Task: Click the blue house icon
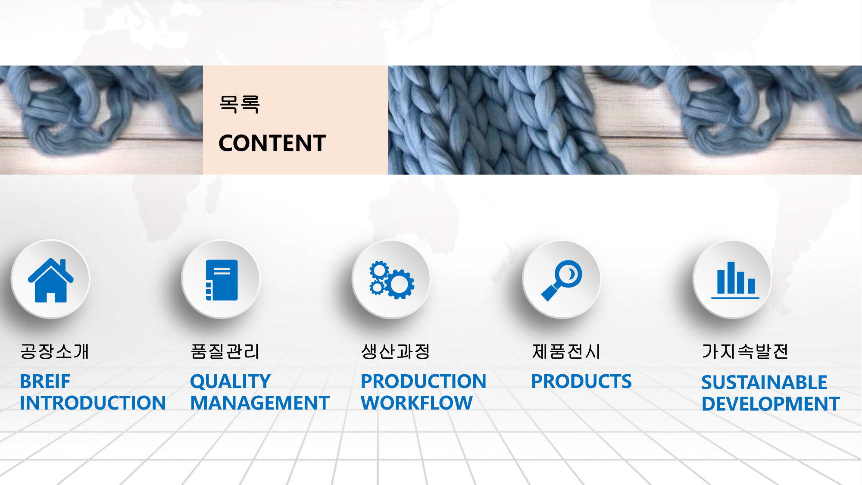click(x=51, y=280)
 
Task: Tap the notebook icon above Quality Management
click(x=222, y=280)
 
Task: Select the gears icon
click(x=392, y=280)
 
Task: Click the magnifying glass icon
click(x=562, y=280)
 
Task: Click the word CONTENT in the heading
click(x=272, y=143)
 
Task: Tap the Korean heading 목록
click(x=239, y=104)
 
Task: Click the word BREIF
click(x=45, y=382)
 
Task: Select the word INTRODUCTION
click(x=93, y=403)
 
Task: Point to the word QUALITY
click(x=230, y=382)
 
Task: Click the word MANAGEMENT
click(x=260, y=403)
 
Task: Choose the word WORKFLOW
click(x=417, y=403)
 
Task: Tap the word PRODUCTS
click(x=581, y=382)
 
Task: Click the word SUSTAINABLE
click(x=764, y=382)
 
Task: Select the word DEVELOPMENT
click(x=771, y=404)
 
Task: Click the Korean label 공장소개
click(x=54, y=351)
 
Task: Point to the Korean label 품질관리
click(x=225, y=351)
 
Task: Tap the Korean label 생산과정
click(x=395, y=351)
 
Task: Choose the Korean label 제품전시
click(x=566, y=351)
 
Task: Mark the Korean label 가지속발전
click(x=745, y=351)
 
